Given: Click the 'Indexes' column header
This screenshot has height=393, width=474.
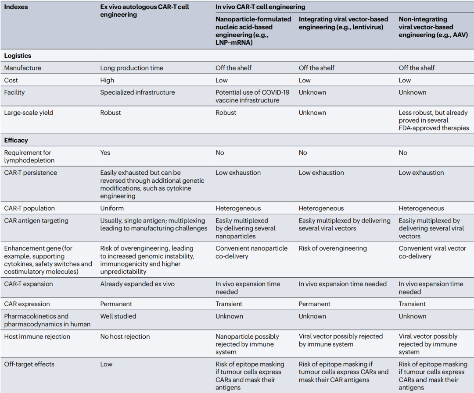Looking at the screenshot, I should coord(16,7).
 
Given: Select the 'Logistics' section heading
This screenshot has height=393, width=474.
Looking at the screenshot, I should coord(18,56).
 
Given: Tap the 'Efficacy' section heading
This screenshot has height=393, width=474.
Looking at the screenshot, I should coord(16,140).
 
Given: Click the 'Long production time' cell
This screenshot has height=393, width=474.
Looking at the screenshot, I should coord(131,68).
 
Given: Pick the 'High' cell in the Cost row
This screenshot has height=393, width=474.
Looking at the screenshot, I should coord(107,80).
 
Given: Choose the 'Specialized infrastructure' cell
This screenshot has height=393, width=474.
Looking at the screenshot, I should coord(137,92).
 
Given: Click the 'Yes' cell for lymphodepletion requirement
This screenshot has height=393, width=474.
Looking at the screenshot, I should coord(105,152).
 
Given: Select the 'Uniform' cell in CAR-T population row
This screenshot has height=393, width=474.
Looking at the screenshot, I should coord(112,209).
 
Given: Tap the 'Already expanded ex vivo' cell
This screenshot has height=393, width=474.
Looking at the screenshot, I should coord(137,284).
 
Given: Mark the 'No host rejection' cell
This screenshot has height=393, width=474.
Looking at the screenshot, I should coord(125,336).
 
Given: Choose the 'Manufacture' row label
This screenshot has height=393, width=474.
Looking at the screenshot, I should coord(23,68).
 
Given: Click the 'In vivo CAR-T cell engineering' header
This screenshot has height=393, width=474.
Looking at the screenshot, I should coord(260,7).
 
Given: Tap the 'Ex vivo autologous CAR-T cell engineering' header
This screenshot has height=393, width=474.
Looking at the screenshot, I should coord(144,11).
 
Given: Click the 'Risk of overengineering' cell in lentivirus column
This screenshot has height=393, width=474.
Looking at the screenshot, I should coord(333,248).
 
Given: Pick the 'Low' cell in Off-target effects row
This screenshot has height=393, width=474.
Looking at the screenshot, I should coord(106,364).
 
